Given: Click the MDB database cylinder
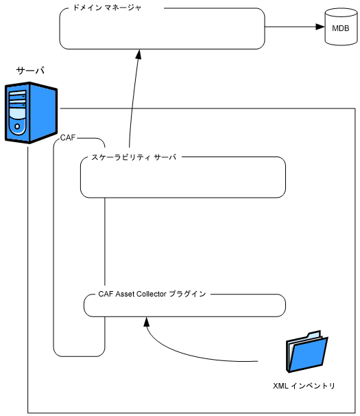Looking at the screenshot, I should [339, 28].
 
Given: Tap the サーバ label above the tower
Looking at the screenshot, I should [30, 71].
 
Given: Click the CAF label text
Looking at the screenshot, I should [68, 138].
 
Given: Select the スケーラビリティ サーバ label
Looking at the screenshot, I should [134, 157].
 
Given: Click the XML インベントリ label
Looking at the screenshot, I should [304, 386].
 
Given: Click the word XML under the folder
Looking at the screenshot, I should [280, 386].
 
